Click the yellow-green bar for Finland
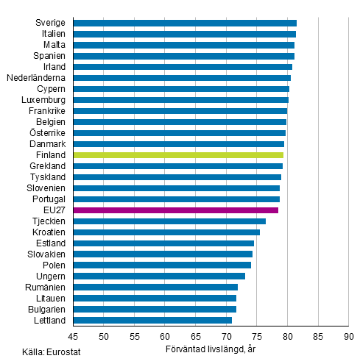178,155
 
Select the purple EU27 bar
176,210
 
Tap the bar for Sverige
185,23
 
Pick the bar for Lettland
152,321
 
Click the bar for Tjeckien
169,221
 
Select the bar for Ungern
159,276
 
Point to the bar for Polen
162,265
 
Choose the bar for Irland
183,67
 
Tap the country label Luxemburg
44,100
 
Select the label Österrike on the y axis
46,133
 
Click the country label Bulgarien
46,310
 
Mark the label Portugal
47,199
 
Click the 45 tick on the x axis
74,337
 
